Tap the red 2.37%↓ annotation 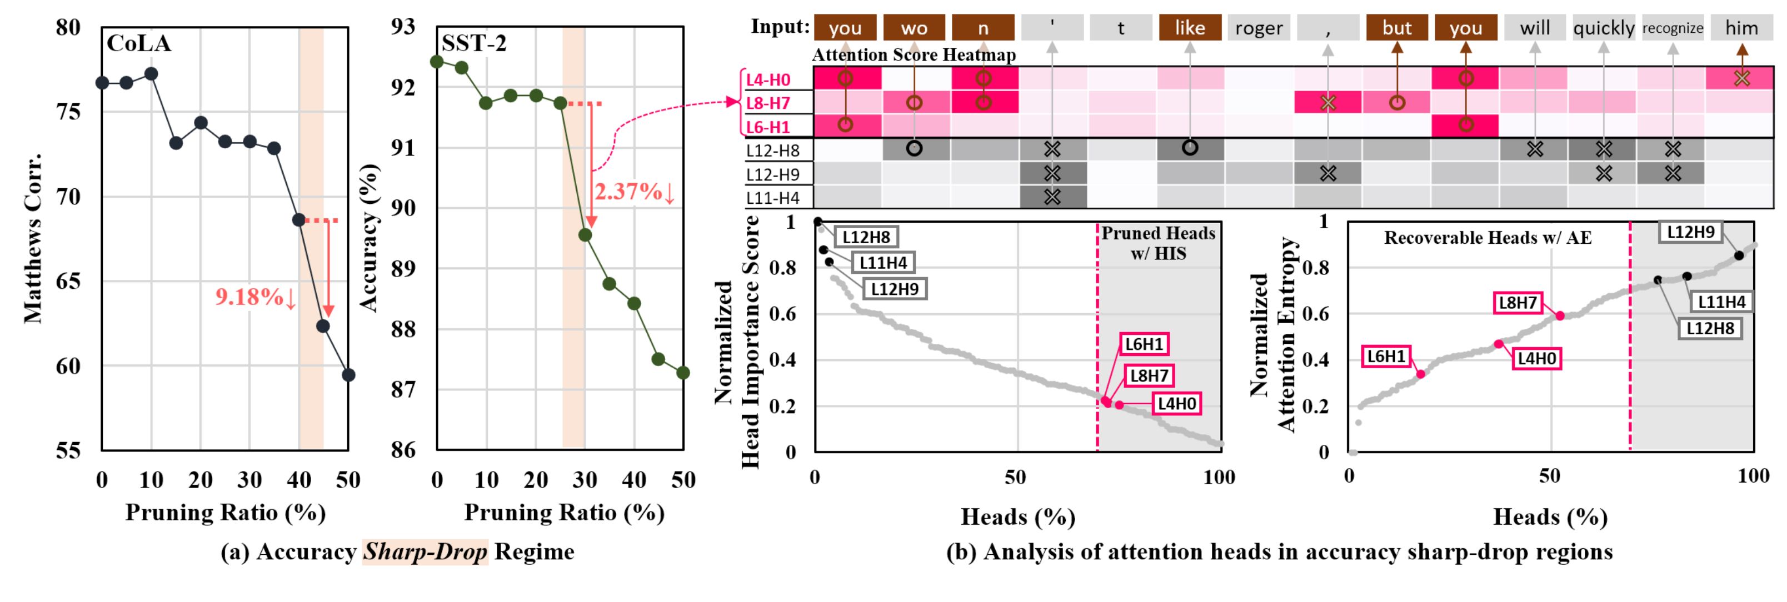coord(634,192)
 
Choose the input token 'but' coord(1396,28)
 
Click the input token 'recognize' coord(1673,28)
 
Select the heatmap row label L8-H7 coord(768,103)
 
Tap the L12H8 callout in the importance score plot coord(866,237)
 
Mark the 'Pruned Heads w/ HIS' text coord(1158,243)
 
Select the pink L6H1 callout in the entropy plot coord(1386,357)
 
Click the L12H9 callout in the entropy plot coord(1690,232)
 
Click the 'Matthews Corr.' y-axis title coord(33,238)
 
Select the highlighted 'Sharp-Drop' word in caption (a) coord(425,552)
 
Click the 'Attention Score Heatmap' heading coord(914,55)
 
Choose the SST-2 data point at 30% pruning coord(585,235)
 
